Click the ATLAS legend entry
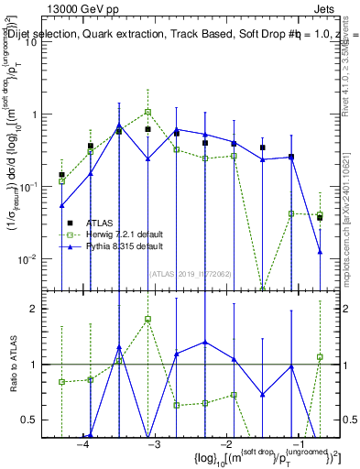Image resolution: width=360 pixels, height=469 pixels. coord(101,221)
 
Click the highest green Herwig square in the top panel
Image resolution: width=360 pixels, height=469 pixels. coord(147,112)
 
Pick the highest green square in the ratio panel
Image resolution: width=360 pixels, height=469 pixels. coord(147,319)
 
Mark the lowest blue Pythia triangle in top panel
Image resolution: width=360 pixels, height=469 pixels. coord(320,251)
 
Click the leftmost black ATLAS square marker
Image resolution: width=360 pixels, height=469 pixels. coord(62,174)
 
